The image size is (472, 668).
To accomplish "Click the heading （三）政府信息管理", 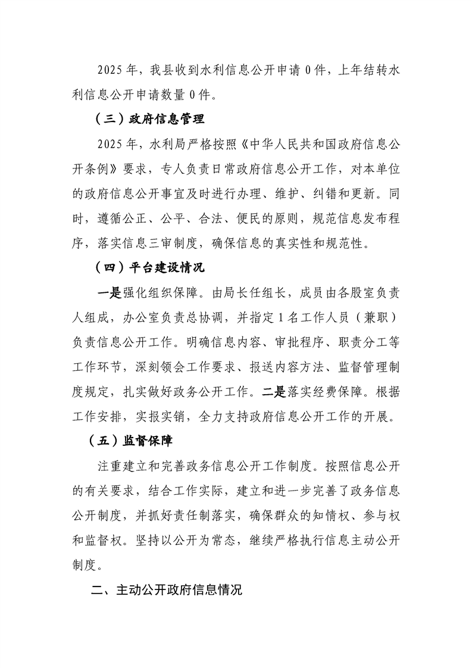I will (x=149, y=118).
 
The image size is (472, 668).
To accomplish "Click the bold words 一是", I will (x=110, y=293).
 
